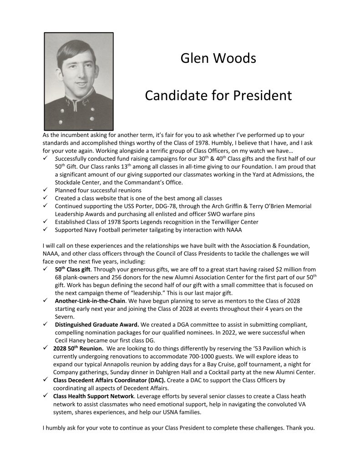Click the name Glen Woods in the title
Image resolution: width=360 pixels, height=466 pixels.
point(218,59)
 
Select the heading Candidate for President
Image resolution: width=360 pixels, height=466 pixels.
point(218,96)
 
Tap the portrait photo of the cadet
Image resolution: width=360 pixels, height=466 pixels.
point(78,81)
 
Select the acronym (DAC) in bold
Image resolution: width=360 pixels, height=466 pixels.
point(154,380)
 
